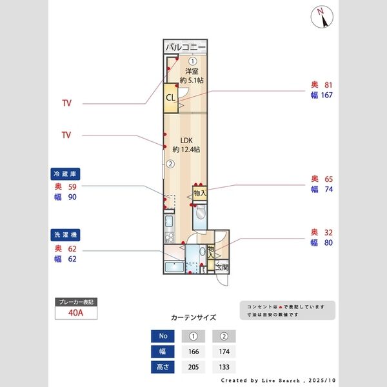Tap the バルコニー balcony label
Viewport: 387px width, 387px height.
(x=185, y=48)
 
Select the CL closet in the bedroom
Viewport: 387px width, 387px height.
(x=170, y=98)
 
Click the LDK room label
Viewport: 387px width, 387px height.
(x=186, y=140)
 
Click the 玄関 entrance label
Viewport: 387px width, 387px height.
(x=221, y=267)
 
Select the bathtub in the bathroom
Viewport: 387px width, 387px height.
(x=174, y=267)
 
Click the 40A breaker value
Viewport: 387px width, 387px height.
(x=76, y=314)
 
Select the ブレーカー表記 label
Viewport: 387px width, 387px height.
(x=76, y=302)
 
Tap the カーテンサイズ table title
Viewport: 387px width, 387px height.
(x=193, y=318)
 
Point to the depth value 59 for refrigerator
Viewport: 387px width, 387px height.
(x=72, y=186)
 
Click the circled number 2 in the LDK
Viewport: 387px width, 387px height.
(x=170, y=164)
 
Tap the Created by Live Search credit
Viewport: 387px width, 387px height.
(x=277, y=381)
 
